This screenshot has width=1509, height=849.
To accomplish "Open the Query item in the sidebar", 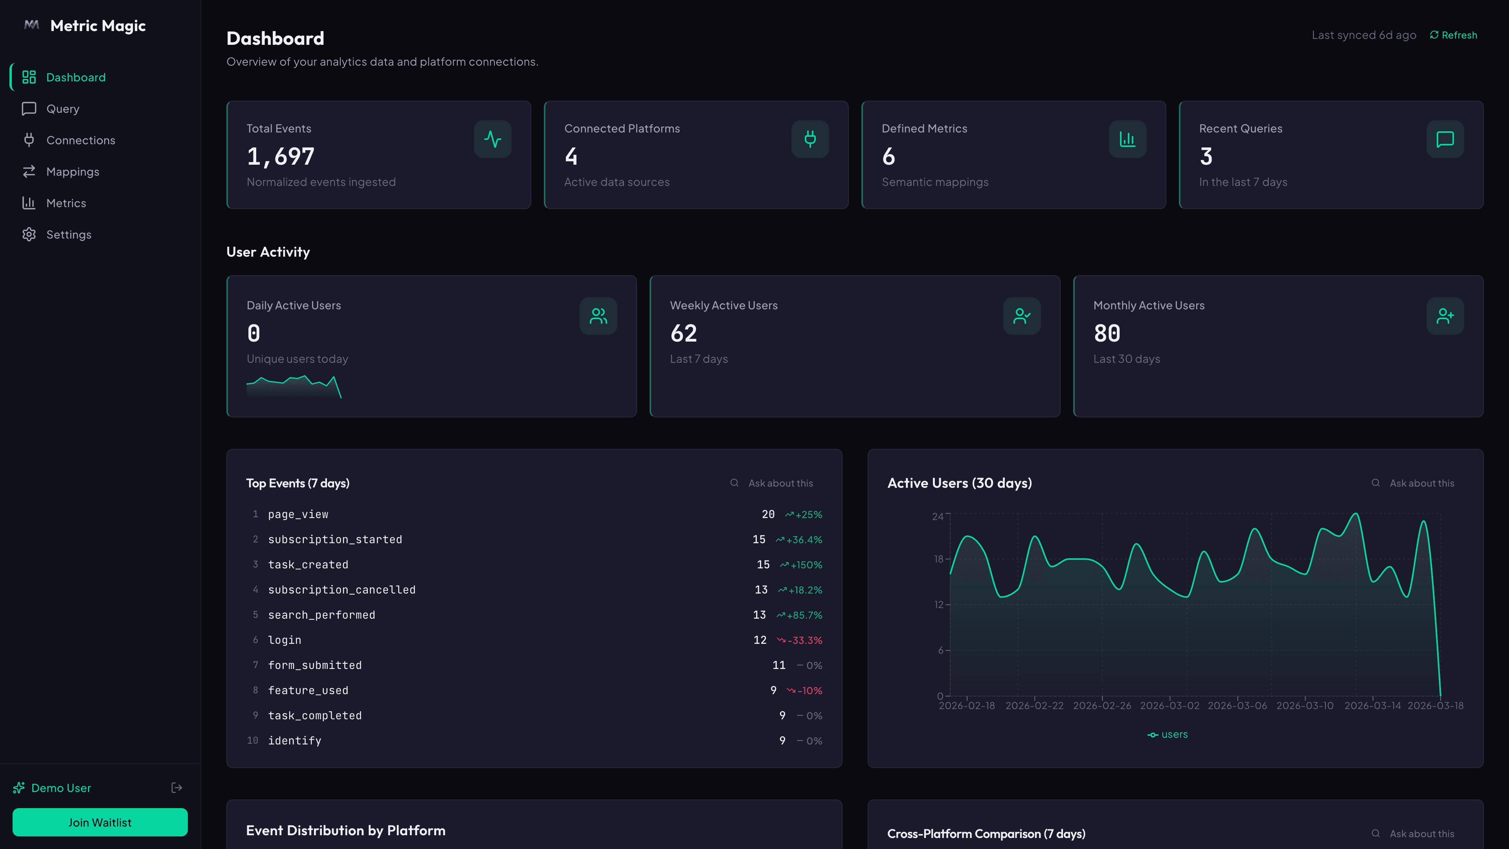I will click(x=63, y=109).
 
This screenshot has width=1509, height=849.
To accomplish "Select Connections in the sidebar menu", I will click(x=80, y=140).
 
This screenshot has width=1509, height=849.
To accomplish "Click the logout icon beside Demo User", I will click(x=176, y=787).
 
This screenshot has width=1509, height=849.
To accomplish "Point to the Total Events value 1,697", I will click(x=281, y=156).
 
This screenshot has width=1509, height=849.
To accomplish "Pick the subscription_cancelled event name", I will click(x=341, y=590).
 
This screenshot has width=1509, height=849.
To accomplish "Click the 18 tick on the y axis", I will click(x=938, y=559).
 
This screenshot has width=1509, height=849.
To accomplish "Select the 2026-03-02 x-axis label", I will click(x=1169, y=706).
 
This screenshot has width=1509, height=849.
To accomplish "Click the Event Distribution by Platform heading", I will click(x=346, y=830).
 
